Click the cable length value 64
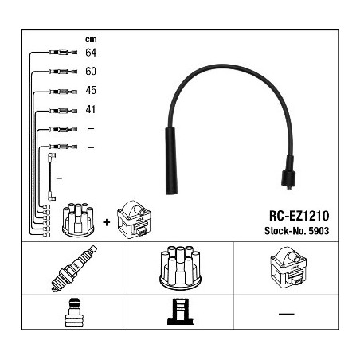click(91, 53)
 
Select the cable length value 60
click(91, 71)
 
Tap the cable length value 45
click(91, 90)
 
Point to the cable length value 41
click(91, 109)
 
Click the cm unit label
click(91, 39)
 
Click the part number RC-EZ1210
click(299, 216)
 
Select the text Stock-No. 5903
click(296, 231)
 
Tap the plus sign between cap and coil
click(107, 222)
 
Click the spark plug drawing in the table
click(74, 268)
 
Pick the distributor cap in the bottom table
click(180, 268)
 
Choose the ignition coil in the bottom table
click(288, 266)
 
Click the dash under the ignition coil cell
click(287, 314)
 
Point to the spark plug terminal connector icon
click(74, 312)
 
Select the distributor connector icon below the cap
click(180, 312)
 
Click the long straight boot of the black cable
click(171, 161)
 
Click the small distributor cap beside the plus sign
click(78, 220)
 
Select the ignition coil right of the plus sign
click(134, 219)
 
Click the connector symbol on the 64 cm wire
click(63, 53)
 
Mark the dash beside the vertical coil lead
click(59, 178)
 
